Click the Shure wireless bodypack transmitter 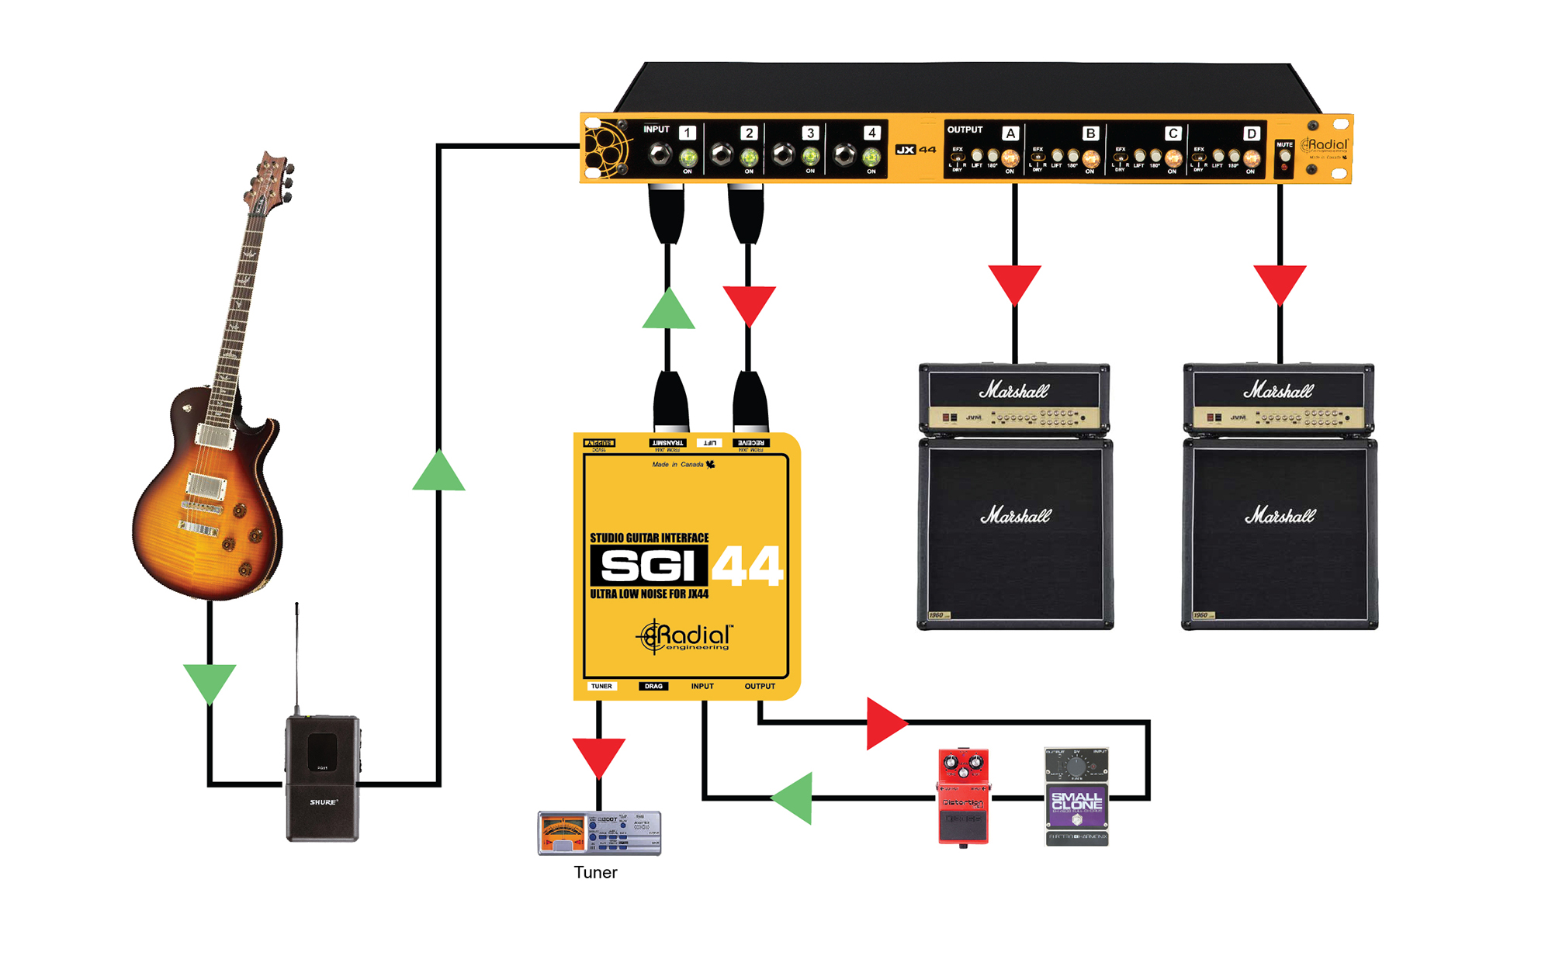pyautogui.click(x=322, y=778)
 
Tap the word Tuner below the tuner pyautogui.click(x=595, y=872)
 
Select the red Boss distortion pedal pyautogui.click(x=963, y=796)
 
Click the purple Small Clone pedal pyautogui.click(x=1076, y=797)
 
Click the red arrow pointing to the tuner pyautogui.click(x=598, y=756)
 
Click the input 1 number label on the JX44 pyautogui.click(x=687, y=133)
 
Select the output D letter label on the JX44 pyautogui.click(x=1251, y=133)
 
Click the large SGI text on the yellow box pyautogui.click(x=649, y=566)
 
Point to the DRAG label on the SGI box pyautogui.click(x=653, y=686)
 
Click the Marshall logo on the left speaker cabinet pyautogui.click(x=1015, y=515)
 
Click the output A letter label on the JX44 pyautogui.click(x=1010, y=133)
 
